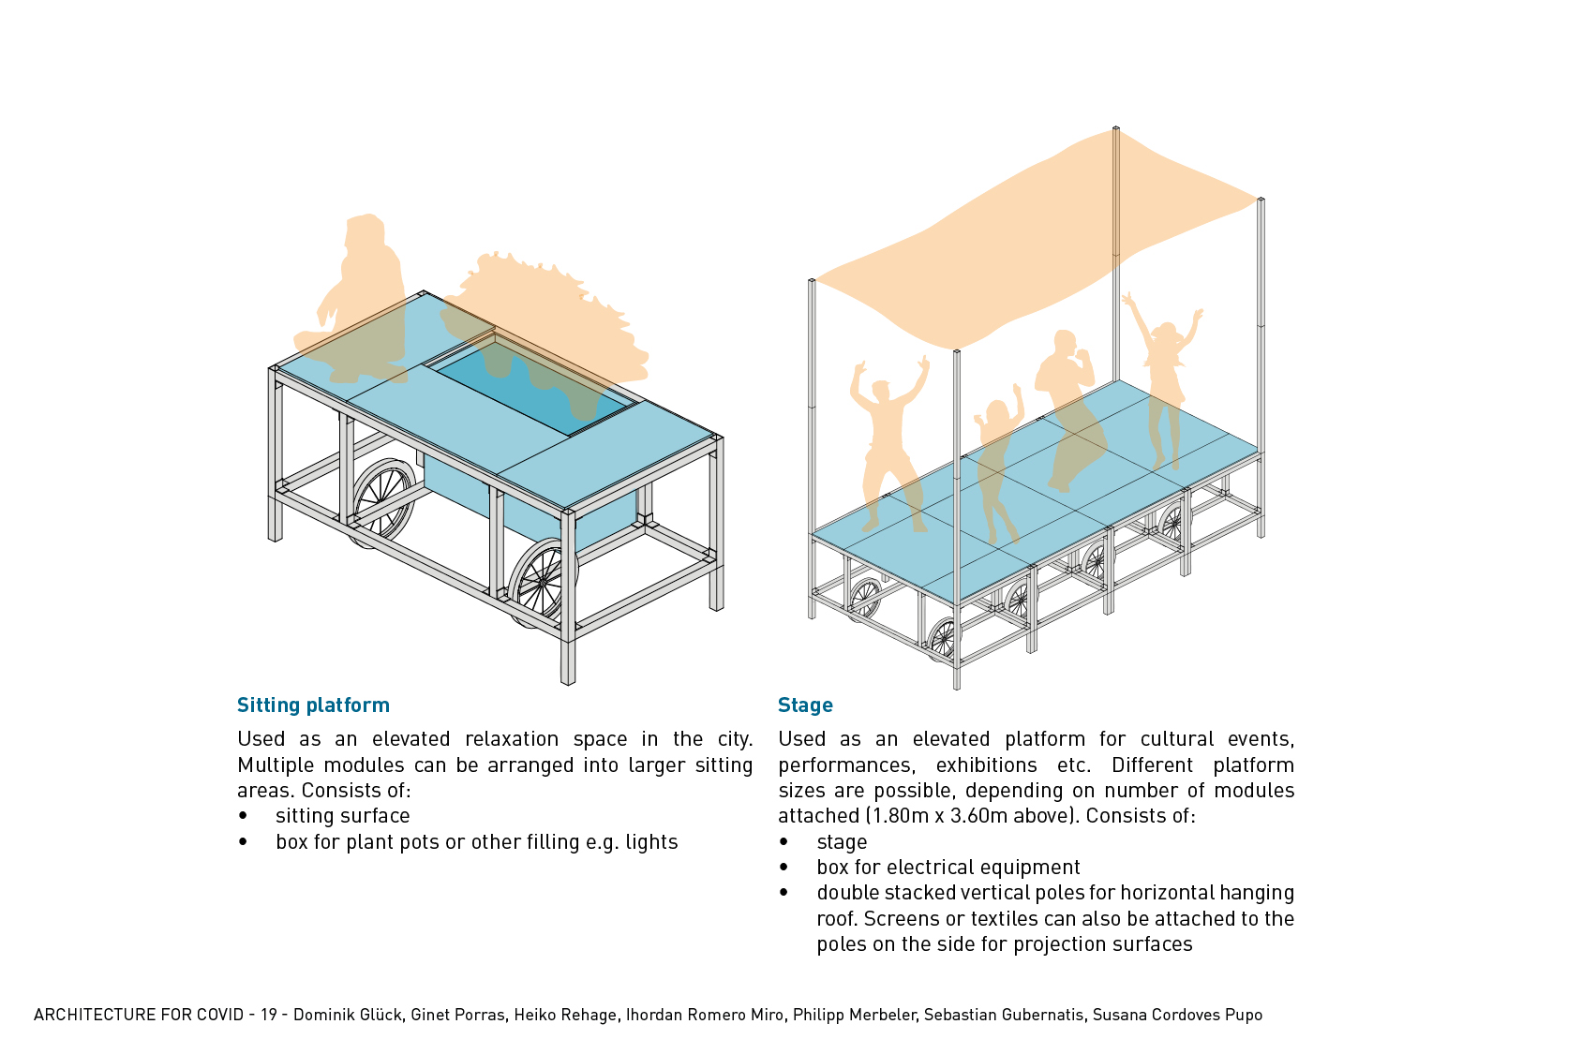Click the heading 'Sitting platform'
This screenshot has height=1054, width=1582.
[x=313, y=705]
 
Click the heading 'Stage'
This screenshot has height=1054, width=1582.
[x=805, y=705]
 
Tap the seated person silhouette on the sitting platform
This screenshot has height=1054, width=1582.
[x=361, y=290]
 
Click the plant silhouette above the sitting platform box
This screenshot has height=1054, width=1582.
[x=553, y=319]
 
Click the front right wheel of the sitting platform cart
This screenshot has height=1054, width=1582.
[x=541, y=581]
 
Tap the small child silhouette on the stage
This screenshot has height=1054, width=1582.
[x=997, y=468]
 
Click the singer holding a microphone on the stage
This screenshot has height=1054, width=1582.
[x=1068, y=403]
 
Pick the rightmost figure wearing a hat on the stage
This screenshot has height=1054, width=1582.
[x=1165, y=375]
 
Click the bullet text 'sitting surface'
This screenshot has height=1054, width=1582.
[x=342, y=816]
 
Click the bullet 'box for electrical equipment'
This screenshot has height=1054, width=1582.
[x=948, y=868]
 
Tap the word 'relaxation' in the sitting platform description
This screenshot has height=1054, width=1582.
[x=512, y=739]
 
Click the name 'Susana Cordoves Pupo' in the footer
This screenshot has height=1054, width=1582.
[x=1177, y=1015]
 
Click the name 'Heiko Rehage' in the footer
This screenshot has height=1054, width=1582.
[x=565, y=1015]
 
